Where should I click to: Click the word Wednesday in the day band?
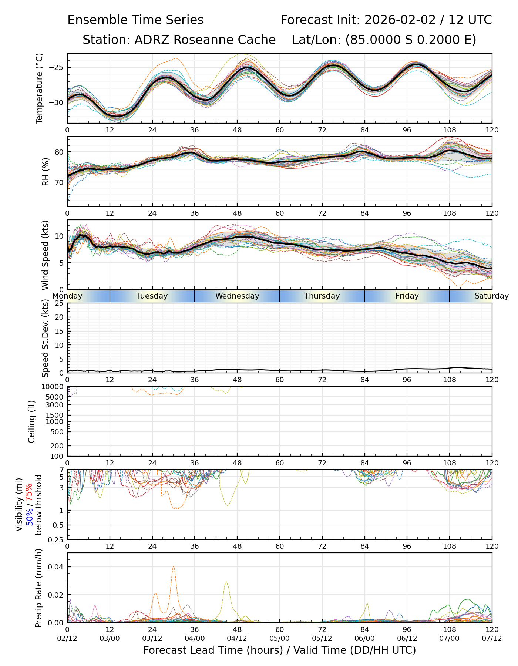pos(237,296)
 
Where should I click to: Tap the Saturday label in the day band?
pos(491,296)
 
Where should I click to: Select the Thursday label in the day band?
pos(322,296)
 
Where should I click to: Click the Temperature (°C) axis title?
pos(40,88)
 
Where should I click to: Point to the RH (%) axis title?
pos(46,171)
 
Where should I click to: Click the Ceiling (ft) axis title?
pos(32,421)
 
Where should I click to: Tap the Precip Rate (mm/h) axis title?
pos(39,588)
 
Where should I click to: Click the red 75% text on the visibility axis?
pos(29,492)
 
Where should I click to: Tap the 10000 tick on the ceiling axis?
pos(54,387)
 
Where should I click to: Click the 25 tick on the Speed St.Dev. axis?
pos(59,303)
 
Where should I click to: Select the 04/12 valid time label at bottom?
pos(237,639)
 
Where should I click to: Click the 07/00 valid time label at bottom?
pos(449,639)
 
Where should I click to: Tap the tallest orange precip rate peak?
pos(174,567)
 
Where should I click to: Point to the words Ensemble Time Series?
pos(135,20)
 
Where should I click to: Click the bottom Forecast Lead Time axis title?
pos(279,650)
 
